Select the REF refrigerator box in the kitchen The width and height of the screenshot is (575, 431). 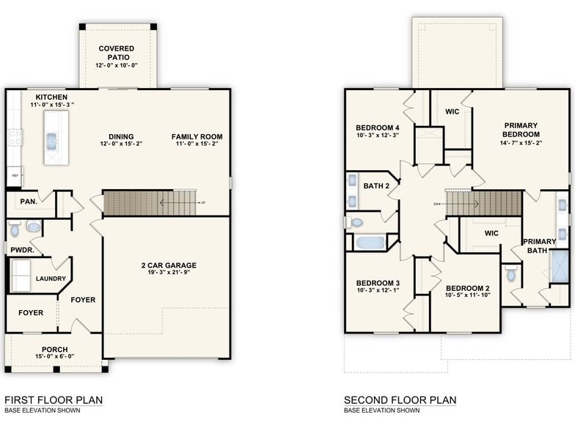point(14,176)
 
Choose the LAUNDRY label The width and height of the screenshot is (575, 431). point(51,279)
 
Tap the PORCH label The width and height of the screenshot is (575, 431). point(54,350)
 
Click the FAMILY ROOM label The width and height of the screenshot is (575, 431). point(197,137)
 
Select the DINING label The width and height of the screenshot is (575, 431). point(121,137)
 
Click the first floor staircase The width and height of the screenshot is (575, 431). point(150,203)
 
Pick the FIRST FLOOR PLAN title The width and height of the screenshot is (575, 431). point(54,400)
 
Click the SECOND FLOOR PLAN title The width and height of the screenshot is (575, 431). point(400,400)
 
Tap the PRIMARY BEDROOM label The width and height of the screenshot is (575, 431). point(521,130)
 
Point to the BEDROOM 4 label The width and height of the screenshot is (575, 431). point(378,127)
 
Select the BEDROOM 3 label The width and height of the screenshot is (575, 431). point(378,283)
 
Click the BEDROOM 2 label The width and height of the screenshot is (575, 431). point(467,288)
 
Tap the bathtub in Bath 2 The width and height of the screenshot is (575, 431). point(371,242)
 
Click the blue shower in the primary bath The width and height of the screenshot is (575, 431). point(560,266)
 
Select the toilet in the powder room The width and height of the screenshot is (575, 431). point(15,229)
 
